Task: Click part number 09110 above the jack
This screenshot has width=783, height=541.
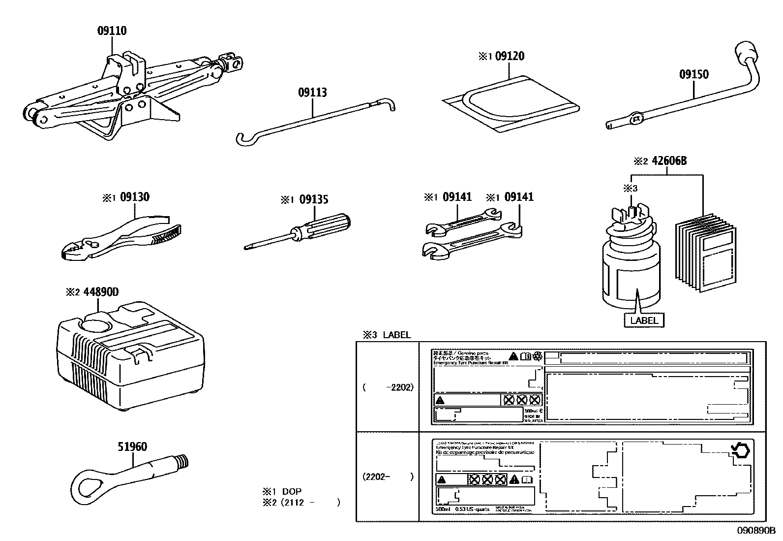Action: pos(112,31)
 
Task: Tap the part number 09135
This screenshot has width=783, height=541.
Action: pos(314,199)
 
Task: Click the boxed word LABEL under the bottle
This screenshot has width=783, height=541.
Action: pos(644,320)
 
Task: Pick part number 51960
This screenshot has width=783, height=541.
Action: pos(132,447)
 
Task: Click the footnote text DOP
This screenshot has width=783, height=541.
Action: pos(292,491)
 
